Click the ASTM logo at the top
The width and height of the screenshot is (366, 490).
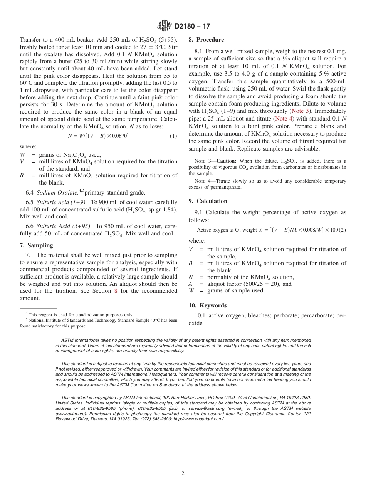165,26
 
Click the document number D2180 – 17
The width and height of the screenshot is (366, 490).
192,27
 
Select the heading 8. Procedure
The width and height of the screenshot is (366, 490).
206,40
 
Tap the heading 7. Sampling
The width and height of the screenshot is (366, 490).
36,245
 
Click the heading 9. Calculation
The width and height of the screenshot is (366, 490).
208,201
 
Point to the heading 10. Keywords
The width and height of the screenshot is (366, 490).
207,305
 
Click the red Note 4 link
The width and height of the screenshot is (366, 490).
283,119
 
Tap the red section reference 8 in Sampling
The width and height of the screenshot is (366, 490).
116,291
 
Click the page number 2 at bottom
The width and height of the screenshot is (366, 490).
183,473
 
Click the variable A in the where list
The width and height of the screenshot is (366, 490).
190,284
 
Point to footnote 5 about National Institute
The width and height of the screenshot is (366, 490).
98,320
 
